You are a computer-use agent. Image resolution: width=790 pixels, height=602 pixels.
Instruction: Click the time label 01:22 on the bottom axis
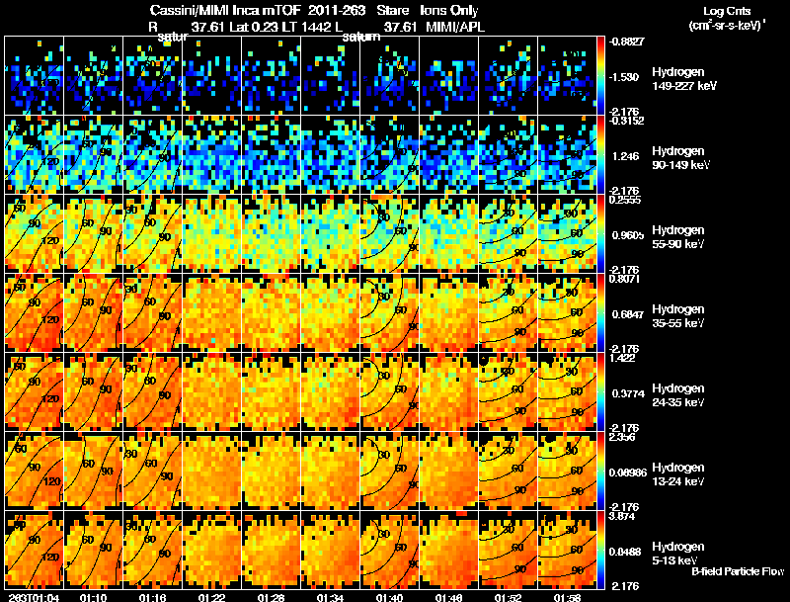coord(212,597)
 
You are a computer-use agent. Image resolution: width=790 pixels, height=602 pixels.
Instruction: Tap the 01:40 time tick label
coord(390,597)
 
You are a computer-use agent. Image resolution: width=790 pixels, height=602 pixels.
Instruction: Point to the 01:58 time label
coord(568,597)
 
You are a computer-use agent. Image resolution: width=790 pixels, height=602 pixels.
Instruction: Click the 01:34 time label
coord(331,597)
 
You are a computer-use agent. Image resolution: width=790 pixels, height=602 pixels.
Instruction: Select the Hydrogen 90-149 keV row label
coord(680,158)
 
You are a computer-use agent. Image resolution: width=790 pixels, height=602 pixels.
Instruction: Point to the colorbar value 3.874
coord(625,517)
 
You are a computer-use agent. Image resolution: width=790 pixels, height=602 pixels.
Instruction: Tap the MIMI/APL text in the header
coord(453,28)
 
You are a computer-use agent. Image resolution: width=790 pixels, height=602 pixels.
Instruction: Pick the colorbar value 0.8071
coord(627,281)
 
